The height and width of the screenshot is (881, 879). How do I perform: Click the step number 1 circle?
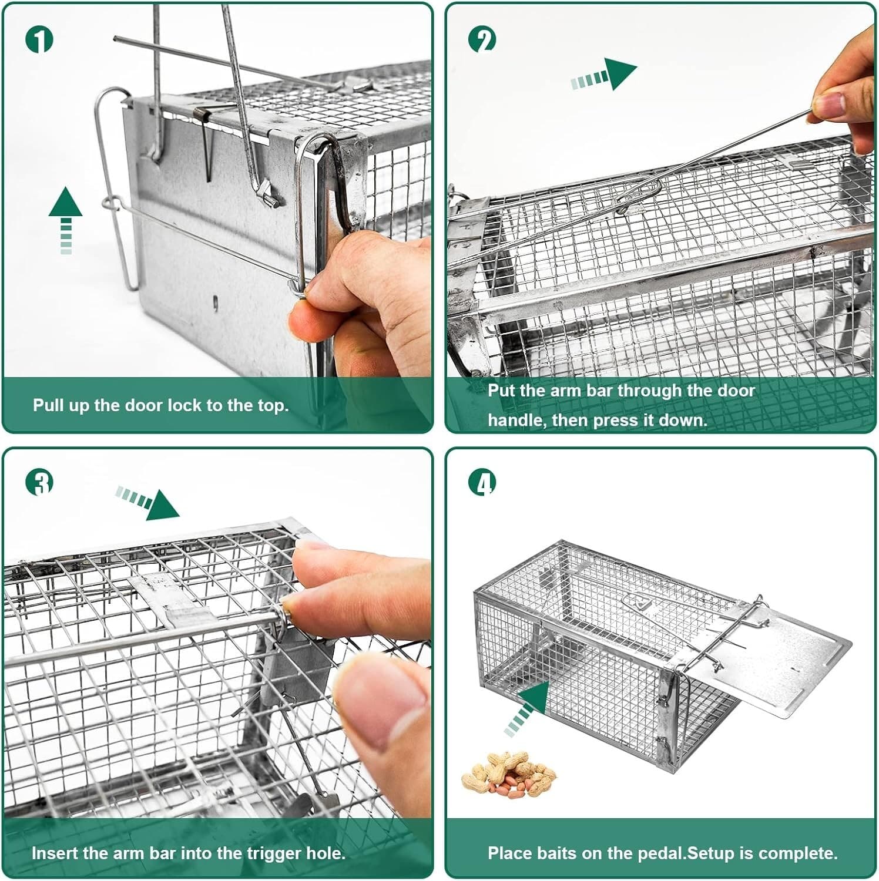click(39, 39)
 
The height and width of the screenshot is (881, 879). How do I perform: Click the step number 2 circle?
click(482, 39)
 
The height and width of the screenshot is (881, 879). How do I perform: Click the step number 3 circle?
click(39, 482)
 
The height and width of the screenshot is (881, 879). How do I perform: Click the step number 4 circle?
click(482, 482)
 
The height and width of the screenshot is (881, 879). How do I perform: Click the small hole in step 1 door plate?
click(216, 304)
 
